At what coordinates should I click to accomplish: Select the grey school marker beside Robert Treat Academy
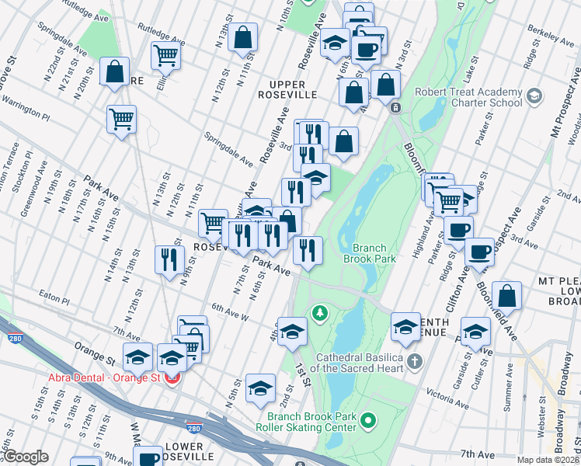pos(534,96)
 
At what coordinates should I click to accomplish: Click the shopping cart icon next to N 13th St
pos(165,56)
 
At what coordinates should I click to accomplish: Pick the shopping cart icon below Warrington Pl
pos(121,119)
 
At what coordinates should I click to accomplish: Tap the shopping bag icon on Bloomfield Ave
pos(506,296)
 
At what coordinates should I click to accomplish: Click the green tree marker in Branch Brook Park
pos(318,313)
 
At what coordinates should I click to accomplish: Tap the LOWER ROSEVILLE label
pos(184,452)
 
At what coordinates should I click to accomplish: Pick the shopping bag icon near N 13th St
pos(243,37)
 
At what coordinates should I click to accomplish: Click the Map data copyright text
pos(548,460)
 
